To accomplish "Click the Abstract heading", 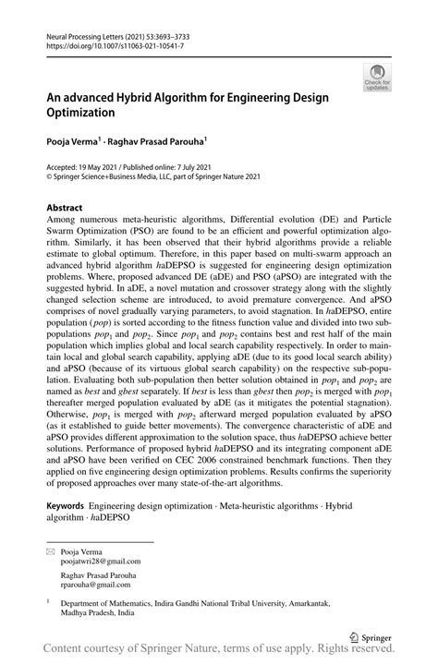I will [67, 208].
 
